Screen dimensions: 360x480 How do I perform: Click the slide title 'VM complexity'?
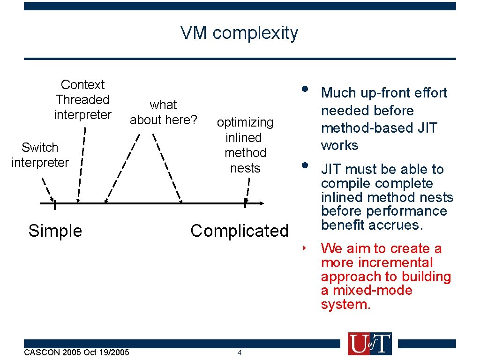coord(239,33)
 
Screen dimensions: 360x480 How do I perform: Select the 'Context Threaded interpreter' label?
coord(82,100)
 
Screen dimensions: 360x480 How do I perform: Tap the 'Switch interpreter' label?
coord(40,155)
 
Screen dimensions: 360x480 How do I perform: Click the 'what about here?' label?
coord(163,112)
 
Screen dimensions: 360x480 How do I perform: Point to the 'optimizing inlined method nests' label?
coord(245,145)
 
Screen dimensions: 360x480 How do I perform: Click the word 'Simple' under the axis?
coord(55,231)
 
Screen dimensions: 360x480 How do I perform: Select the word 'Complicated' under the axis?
coord(239,231)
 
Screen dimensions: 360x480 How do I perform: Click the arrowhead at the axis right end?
coord(262,203)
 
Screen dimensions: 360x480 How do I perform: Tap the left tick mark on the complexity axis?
coord(55,204)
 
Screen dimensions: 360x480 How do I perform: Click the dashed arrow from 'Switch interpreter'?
coord(47,187)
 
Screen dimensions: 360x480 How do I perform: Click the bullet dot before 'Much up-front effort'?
coord(305,89)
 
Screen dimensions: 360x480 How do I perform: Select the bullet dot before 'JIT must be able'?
coord(305,165)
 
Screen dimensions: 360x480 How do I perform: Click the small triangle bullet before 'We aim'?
coord(304,246)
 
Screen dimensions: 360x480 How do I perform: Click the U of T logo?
coord(369,344)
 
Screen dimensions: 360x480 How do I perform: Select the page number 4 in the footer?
coord(239,352)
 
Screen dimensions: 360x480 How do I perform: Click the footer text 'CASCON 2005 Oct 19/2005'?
coord(76,352)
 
